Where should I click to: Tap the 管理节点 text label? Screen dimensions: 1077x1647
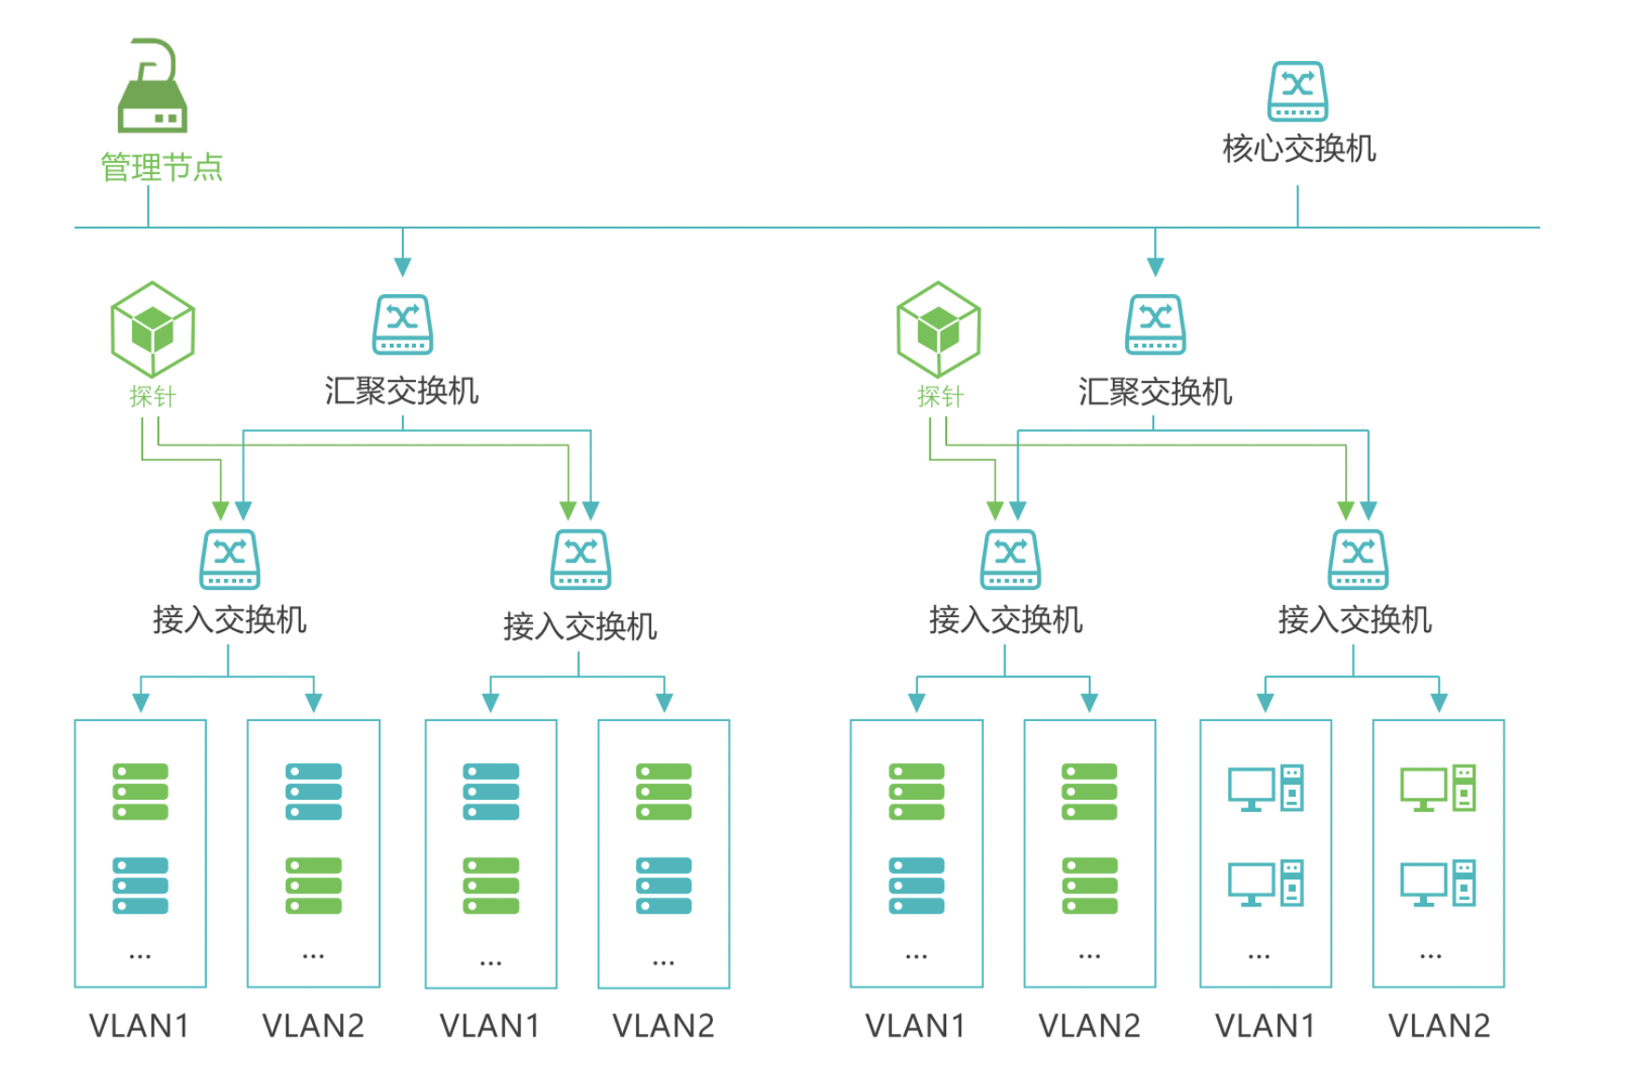(x=161, y=168)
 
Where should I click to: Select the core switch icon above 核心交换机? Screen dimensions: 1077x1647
(x=1298, y=92)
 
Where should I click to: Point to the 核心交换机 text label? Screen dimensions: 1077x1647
(x=1298, y=149)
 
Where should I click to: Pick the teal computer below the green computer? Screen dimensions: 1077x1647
(x=1437, y=883)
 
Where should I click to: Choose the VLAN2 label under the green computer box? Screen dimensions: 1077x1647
(x=1438, y=1026)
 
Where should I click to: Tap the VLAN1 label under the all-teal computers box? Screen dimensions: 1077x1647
(x=1265, y=1026)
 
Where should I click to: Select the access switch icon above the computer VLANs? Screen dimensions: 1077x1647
(x=1358, y=559)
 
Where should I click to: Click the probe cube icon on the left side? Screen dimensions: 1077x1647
(x=153, y=329)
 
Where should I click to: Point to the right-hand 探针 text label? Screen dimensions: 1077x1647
(x=941, y=397)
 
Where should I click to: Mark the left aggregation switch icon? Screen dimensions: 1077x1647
(x=403, y=324)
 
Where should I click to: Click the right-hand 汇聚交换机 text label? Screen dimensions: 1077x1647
(x=1155, y=391)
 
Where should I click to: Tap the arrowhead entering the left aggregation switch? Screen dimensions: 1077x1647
(x=403, y=267)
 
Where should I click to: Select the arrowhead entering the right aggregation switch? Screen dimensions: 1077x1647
(x=1155, y=267)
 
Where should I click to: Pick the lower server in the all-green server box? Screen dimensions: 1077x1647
(x=1090, y=885)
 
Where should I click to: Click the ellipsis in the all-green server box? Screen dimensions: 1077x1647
(x=1090, y=956)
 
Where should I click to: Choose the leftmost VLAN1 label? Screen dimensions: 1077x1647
(x=140, y=1026)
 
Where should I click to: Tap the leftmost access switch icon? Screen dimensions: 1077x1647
(x=230, y=559)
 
